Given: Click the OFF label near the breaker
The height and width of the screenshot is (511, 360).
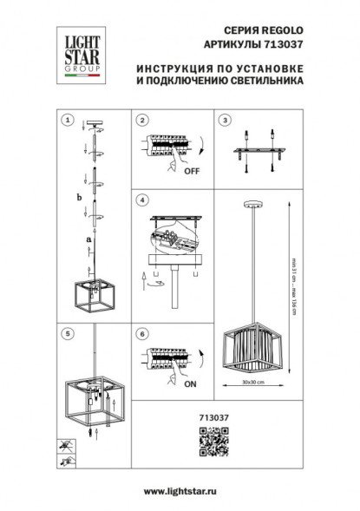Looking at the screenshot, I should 192,171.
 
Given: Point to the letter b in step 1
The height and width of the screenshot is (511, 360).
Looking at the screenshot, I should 79,199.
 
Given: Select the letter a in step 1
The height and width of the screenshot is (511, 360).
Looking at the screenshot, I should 88,237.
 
